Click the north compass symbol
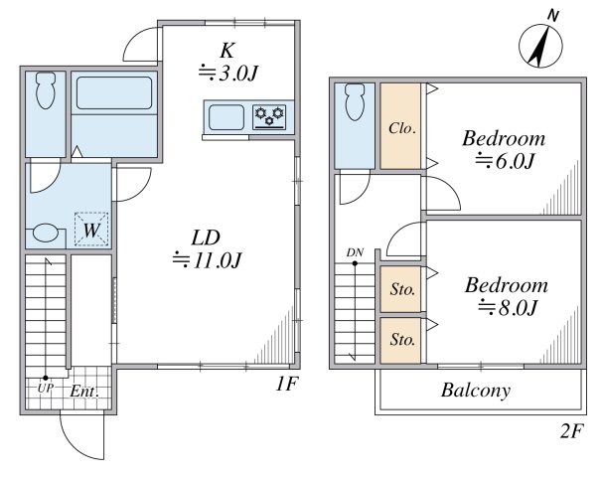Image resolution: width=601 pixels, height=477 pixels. [540, 46]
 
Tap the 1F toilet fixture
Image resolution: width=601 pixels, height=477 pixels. [46, 90]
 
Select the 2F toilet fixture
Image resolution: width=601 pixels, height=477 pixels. [355, 102]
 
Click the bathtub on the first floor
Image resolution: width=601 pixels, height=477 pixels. [114, 92]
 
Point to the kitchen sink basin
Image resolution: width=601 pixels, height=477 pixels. [226, 117]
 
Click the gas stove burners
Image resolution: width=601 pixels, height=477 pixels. [269, 116]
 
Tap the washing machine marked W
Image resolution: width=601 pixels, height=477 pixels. [91, 230]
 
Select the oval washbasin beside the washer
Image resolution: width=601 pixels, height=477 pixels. [46, 234]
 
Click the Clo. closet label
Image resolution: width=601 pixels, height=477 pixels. [402, 128]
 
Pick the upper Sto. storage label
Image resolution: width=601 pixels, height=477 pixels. [402, 289]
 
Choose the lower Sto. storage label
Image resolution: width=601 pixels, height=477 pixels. [402, 339]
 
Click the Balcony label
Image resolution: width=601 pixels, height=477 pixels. [476, 391]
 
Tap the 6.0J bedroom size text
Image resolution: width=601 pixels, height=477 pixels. [505, 161]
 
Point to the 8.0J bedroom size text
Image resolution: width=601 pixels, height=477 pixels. [507, 307]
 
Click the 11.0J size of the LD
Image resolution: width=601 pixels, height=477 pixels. [207, 260]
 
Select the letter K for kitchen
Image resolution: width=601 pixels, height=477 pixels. [227, 51]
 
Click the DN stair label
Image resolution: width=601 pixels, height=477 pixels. [355, 252]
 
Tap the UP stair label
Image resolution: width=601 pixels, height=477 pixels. [45, 388]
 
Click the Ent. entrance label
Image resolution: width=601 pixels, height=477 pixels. [84, 392]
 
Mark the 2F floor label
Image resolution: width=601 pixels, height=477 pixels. [572, 431]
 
